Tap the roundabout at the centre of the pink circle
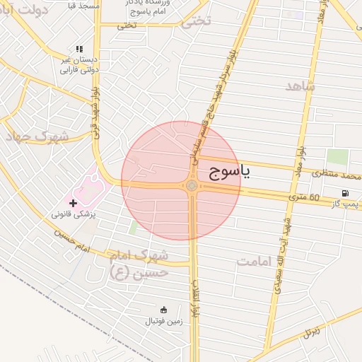192,185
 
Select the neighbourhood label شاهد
300,86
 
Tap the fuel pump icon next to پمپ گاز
345,193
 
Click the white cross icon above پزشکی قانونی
73,203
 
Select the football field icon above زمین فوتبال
164,309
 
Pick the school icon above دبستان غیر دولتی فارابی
78,49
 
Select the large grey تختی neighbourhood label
196,21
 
